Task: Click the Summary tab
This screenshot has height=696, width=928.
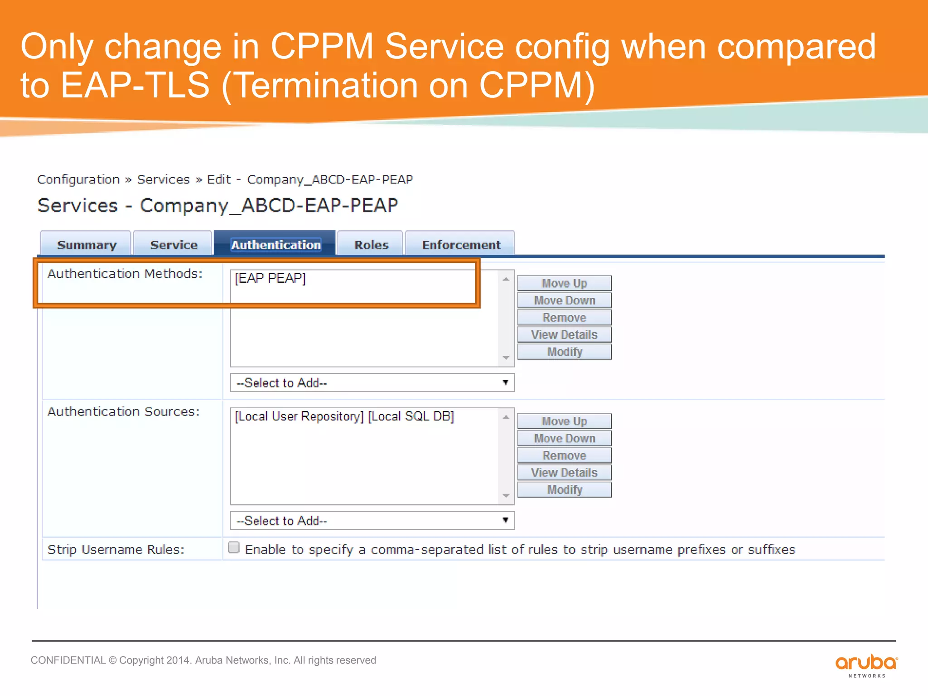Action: point(86,245)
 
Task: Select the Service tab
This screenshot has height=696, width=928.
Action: point(174,245)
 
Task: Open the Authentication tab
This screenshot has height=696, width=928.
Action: point(275,245)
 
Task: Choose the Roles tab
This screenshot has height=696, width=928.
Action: point(371,245)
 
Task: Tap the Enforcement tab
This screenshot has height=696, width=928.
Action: point(461,245)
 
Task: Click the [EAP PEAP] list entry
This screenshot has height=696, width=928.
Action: point(271,278)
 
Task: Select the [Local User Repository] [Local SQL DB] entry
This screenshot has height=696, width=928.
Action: point(344,416)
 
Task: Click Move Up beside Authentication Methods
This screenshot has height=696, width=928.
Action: point(564,283)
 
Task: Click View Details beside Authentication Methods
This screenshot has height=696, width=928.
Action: point(564,335)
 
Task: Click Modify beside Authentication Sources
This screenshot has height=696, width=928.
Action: point(564,490)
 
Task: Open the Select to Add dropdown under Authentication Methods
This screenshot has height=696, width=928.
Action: point(372,383)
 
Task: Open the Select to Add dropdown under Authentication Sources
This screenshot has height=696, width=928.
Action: point(372,521)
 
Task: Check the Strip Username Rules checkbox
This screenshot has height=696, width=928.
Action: point(234,547)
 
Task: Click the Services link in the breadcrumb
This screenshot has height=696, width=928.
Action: point(163,179)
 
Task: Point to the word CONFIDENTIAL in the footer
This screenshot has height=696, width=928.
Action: point(68,660)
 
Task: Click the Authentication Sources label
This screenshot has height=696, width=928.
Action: point(123,411)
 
